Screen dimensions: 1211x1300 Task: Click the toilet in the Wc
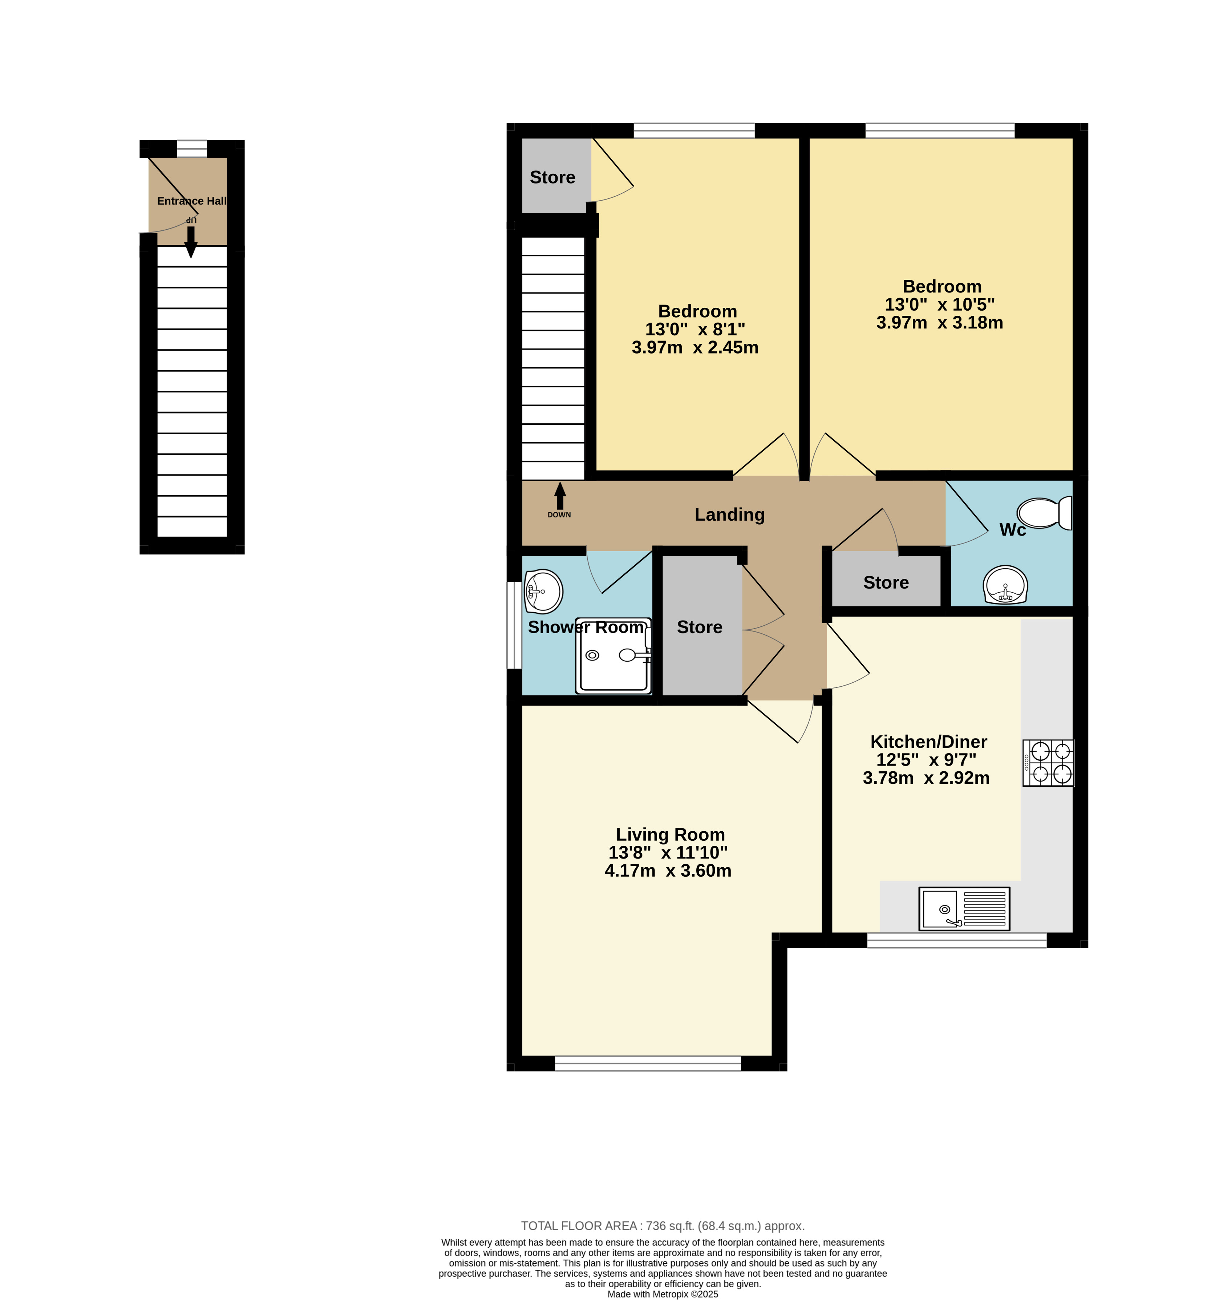point(1044,513)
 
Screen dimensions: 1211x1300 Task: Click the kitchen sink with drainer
point(964,908)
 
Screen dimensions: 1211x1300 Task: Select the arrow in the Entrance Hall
point(191,242)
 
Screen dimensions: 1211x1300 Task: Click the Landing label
point(729,514)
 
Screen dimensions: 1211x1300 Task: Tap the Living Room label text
point(670,835)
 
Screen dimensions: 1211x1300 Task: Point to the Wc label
point(1012,530)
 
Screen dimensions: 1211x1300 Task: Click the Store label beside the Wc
point(886,583)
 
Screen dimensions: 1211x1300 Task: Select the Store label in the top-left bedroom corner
point(552,177)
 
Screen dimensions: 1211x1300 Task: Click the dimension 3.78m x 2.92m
point(926,778)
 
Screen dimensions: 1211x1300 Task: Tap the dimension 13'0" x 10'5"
point(940,305)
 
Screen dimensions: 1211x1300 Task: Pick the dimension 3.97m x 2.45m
point(695,347)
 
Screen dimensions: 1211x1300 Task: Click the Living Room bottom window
point(648,1063)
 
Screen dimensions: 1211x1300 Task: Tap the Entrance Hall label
point(191,201)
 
